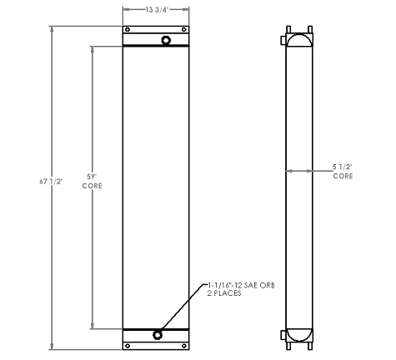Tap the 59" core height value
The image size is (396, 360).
click(93, 175)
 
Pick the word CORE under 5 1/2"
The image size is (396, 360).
click(343, 177)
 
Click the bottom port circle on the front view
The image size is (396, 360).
click(158, 335)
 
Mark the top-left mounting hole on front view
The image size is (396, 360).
click(128, 30)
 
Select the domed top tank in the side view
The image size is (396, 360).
click(299, 39)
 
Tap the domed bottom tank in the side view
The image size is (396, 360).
click(299, 335)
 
